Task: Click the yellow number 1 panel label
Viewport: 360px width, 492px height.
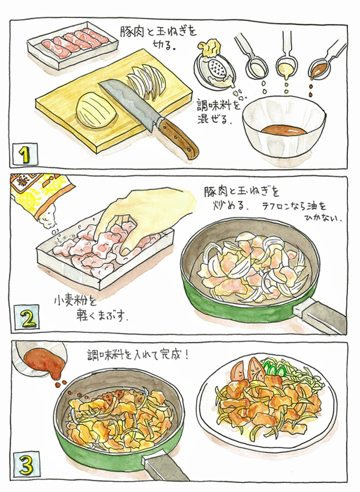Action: (x=25, y=154)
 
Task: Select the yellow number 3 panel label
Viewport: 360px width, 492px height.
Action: (x=26, y=466)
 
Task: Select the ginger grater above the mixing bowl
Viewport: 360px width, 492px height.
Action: (x=214, y=67)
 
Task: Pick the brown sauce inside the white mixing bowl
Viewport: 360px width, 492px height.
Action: (x=284, y=130)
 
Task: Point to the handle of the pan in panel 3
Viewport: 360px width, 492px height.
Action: (x=166, y=468)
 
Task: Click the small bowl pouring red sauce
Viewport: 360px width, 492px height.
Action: (x=39, y=358)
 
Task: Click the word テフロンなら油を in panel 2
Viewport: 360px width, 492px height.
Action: (x=294, y=207)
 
